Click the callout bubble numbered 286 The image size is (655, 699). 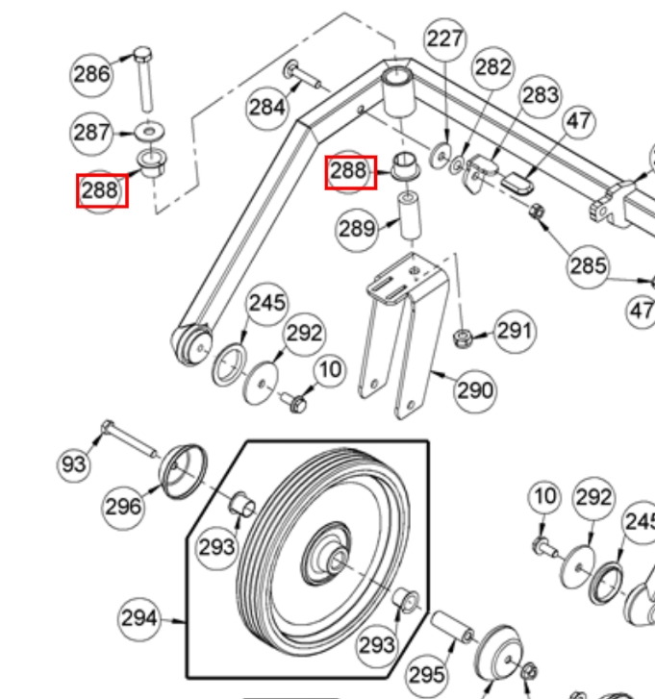pos(92,74)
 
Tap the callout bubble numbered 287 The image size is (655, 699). pos(92,132)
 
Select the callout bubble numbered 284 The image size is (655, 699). pos(267,106)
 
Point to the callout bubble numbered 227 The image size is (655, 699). pos(445,39)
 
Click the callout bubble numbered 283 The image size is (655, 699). pos(541,94)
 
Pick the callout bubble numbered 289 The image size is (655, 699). pos(357,229)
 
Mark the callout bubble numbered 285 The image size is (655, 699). pos(589,264)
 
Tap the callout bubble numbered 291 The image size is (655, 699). pos(515,331)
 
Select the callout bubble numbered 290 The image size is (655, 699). pos(474,389)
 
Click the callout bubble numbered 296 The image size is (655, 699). pos(123,506)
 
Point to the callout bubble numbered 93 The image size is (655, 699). pos(74,464)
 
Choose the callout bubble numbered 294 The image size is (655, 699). pos(139,618)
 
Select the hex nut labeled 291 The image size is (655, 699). pos(462,337)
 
